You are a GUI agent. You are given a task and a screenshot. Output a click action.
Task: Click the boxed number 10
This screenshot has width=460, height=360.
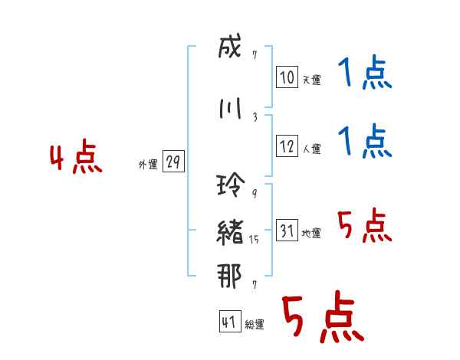pyautogui.click(x=287, y=77)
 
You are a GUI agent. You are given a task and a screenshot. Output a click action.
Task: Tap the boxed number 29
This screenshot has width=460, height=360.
pyautogui.click(x=173, y=162)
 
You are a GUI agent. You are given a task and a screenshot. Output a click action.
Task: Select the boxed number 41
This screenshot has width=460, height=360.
pyautogui.click(x=229, y=322)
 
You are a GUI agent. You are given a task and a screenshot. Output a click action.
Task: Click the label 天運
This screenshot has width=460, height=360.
pyautogui.click(x=311, y=80)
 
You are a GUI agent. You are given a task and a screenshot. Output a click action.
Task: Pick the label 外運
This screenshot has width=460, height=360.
pyautogui.click(x=148, y=165)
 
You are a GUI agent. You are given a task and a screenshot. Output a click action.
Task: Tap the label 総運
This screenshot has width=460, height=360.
pyautogui.click(x=254, y=324)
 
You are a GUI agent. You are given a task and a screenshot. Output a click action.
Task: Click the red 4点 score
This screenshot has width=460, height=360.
pyautogui.click(x=76, y=159)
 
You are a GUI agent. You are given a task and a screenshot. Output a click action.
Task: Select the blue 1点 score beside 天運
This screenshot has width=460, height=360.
pyautogui.click(x=364, y=75)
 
